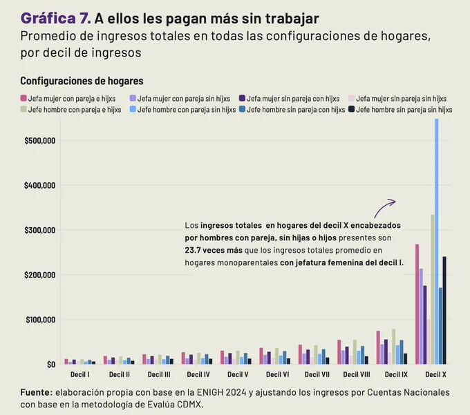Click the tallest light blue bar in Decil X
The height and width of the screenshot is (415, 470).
point(436,241)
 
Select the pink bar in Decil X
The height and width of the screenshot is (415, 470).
point(417,305)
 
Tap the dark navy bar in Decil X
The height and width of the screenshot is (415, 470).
point(444,310)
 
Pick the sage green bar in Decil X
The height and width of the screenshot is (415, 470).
point(433,289)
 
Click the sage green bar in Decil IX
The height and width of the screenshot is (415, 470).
point(393,347)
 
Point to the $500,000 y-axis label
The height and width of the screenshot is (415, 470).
point(40,141)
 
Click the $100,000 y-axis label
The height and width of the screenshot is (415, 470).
point(41,320)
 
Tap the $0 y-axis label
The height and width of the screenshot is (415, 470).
point(51,365)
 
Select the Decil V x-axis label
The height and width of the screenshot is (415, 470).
point(238,374)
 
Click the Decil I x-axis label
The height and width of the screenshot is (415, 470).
point(79,374)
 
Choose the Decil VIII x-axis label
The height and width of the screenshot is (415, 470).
point(357,374)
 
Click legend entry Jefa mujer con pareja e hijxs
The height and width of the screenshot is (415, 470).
point(68,99)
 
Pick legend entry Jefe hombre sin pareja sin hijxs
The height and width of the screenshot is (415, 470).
point(400,110)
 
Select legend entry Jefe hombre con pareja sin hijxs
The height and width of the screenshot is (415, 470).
point(183,110)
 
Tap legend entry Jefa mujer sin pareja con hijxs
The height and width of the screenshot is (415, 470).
point(289,99)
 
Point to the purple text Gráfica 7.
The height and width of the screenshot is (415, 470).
point(56,19)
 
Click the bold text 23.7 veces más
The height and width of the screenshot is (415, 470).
point(214,250)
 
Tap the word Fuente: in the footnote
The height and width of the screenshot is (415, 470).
point(37,392)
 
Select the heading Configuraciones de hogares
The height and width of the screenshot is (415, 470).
point(82,81)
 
